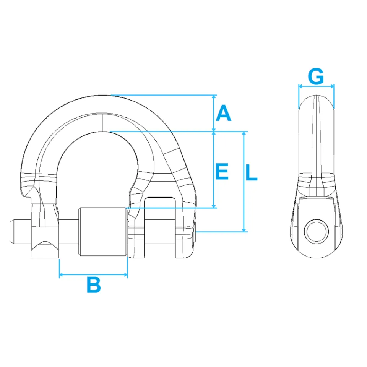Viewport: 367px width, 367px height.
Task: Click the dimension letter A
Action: click(223, 113)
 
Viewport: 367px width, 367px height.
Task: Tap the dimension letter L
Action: click(252, 172)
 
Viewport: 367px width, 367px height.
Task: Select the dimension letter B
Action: click(94, 284)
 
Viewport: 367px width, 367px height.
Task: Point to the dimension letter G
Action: click(316, 76)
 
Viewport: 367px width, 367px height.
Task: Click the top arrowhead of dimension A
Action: click(213, 97)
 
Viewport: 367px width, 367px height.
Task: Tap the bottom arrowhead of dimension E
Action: click(213, 206)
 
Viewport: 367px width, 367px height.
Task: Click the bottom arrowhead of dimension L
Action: click(244, 230)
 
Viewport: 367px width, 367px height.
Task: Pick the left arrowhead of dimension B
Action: click(61, 274)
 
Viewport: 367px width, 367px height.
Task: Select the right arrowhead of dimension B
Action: click(125, 274)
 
